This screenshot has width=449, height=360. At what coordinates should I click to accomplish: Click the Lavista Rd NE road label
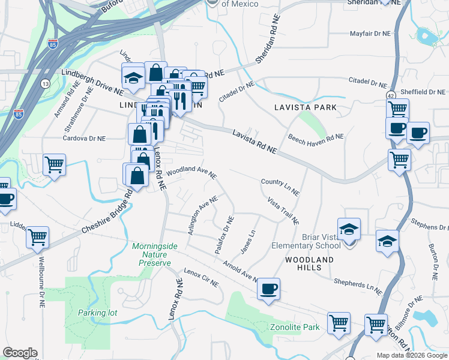click(255, 142)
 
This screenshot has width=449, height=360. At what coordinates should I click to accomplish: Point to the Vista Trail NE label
click(283, 210)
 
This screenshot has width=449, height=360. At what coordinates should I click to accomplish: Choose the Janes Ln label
click(247, 241)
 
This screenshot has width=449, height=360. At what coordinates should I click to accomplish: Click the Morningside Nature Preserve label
click(151, 254)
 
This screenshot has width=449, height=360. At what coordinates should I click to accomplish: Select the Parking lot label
click(97, 313)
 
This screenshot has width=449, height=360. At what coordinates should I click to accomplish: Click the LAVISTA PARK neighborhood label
click(305, 107)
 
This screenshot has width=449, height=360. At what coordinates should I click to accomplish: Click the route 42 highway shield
click(391, 95)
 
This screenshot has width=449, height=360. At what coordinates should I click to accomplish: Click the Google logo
click(20, 353)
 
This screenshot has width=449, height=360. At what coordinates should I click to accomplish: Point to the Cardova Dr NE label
click(85, 138)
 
